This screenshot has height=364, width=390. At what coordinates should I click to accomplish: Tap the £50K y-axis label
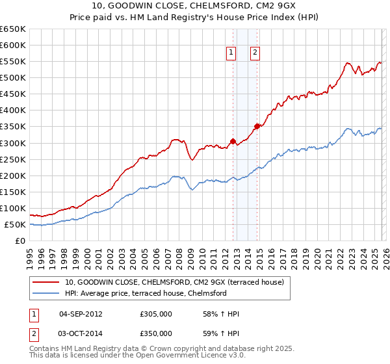(x=15, y=225)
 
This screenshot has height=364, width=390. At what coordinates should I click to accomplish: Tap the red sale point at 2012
(x=233, y=141)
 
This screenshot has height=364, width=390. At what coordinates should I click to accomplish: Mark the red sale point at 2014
(x=257, y=126)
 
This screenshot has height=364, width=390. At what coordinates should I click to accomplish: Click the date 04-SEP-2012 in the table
(x=81, y=314)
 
